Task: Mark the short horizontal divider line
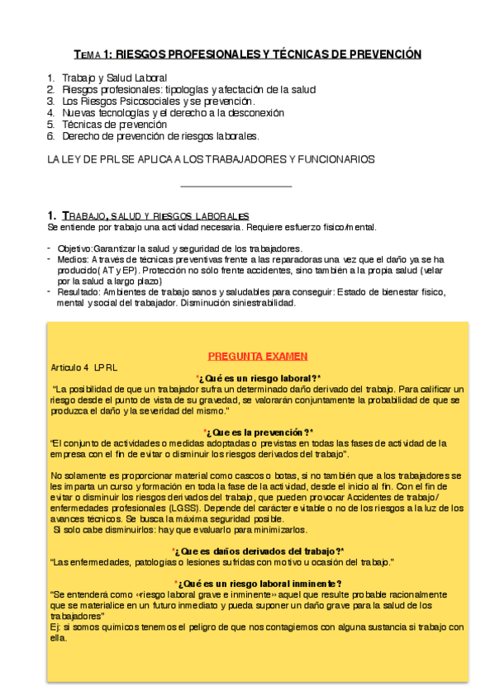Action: tap(236, 187)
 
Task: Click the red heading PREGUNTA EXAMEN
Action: tap(258, 356)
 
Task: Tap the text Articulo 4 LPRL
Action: tap(84, 367)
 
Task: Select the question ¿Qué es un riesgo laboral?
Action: tap(258, 377)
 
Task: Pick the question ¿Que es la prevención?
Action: tap(258, 432)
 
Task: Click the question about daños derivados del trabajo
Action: tap(258, 551)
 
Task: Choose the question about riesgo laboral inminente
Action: tap(258, 583)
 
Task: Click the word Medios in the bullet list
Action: tap(70, 258)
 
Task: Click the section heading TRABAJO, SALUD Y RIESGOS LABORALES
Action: tap(149, 215)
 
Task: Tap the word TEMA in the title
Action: tap(85, 55)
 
